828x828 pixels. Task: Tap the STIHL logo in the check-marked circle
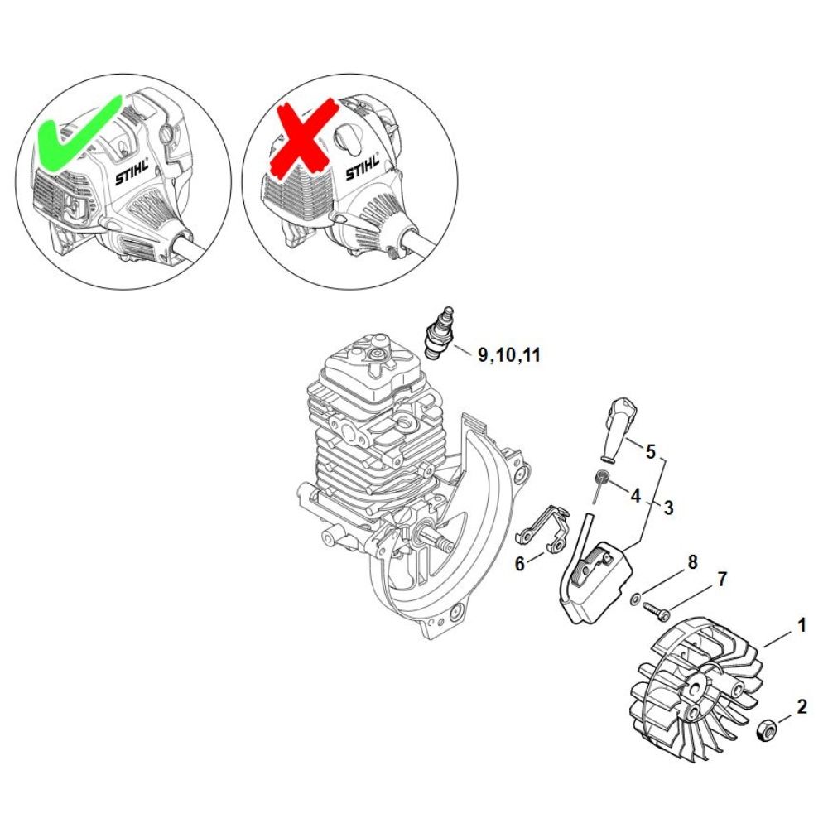pos(132,171)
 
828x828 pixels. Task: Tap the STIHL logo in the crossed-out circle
pos(363,167)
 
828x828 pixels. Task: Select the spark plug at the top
pos(439,334)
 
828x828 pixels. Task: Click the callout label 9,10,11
pos(509,355)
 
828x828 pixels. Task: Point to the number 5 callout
pos(651,451)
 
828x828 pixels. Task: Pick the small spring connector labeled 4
pos(599,484)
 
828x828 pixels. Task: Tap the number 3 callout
pos(668,508)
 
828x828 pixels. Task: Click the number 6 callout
pos(520,564)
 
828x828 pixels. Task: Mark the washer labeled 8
pos(636,599)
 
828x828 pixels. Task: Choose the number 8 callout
pos(693,562)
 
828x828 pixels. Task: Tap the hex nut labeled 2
pos(766,731)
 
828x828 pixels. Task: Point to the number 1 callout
pos(802,626)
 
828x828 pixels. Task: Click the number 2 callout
pos(802,707)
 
